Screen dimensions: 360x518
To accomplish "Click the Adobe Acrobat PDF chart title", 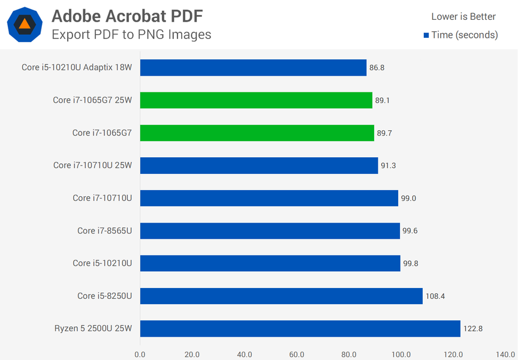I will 127,14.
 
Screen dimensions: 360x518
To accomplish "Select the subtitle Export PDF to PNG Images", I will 131,34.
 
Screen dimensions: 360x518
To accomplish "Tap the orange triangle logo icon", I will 24,24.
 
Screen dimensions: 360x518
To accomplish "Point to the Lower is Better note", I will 463,16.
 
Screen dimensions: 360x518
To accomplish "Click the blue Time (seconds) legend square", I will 426,35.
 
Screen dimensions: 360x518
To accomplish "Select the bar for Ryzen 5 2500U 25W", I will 300,329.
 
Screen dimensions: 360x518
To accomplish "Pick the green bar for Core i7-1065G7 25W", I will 256,100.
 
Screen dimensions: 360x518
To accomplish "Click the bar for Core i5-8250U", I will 281,296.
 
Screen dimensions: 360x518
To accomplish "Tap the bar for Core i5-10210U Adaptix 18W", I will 253,68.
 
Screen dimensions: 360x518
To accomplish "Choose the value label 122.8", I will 473,329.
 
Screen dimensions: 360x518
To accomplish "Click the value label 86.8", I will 377,68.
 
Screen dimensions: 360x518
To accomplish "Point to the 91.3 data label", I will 389,166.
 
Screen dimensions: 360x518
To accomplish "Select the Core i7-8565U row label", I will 104,230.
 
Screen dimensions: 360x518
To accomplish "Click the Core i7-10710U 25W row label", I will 92,166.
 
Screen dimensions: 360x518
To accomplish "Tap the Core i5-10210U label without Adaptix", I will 102,263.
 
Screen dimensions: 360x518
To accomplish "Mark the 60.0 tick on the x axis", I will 297,354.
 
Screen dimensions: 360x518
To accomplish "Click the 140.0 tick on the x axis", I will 506,354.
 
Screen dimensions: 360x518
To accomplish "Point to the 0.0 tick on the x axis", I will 140,354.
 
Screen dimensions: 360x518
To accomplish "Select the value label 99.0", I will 408,198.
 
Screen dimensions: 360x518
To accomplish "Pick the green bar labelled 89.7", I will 257,133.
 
